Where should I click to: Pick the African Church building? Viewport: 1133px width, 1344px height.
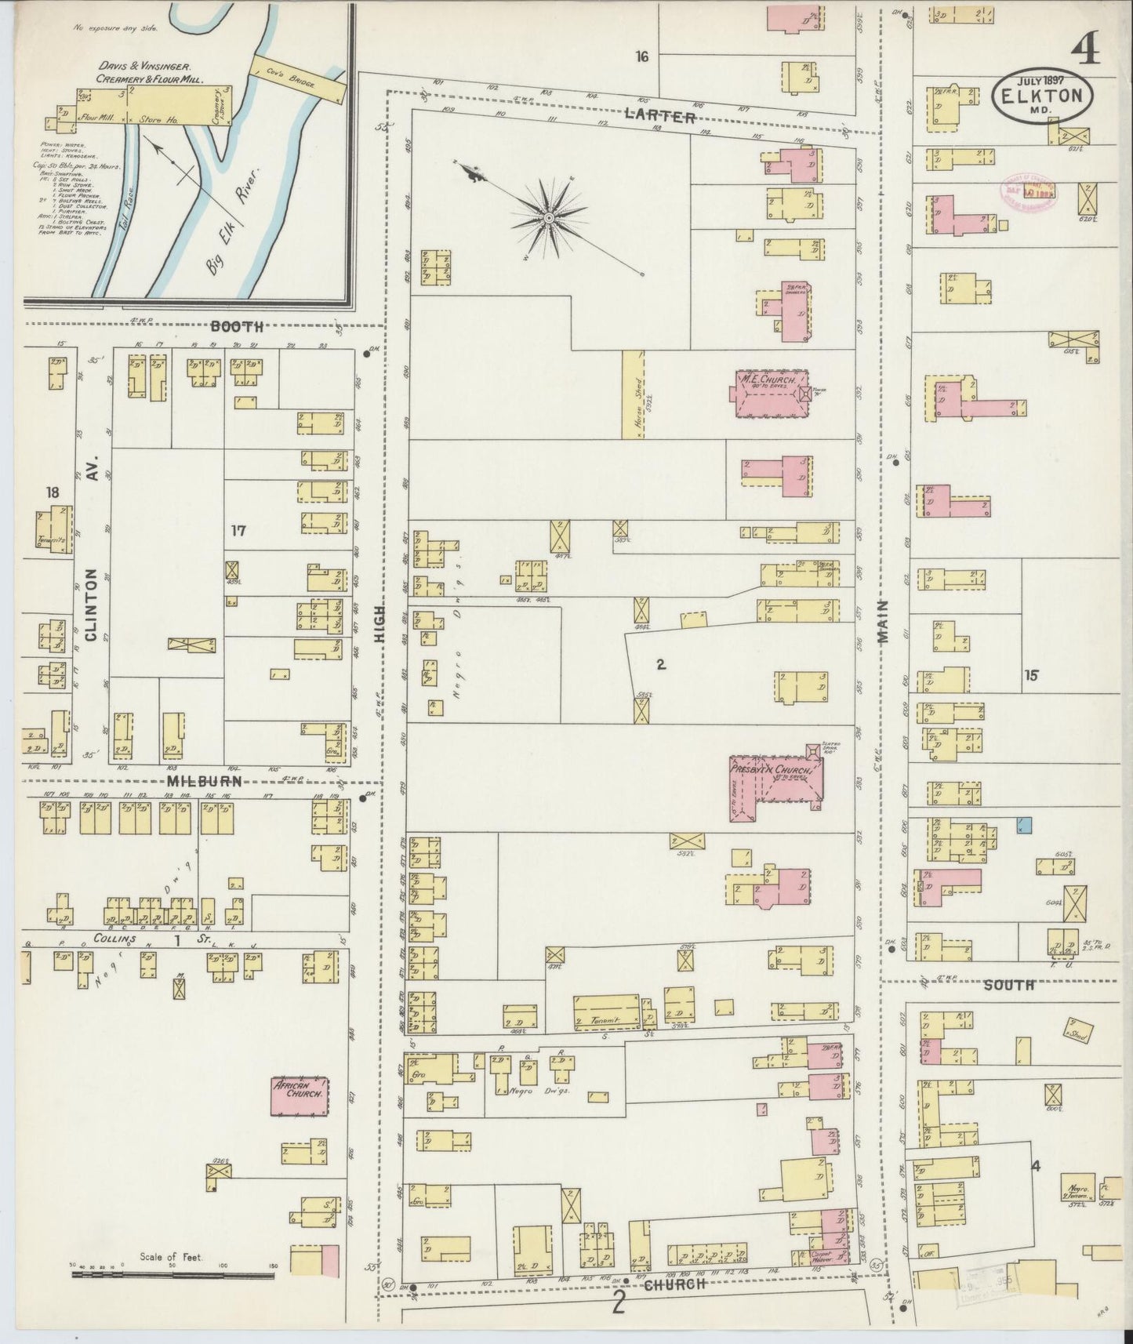pos(299,1096)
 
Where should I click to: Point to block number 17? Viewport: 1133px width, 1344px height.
pos(238,531)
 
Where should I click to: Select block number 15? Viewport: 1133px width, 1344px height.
pos(1030,674)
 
